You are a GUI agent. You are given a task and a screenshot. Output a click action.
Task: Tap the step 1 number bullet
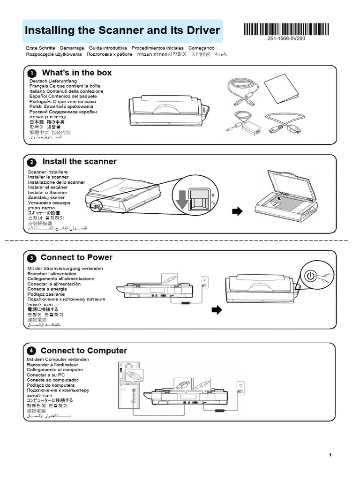(x=31, y=74)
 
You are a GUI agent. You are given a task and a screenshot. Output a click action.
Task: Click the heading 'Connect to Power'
(x=76, y=257)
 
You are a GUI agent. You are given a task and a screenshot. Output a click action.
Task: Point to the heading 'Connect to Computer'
(x=83, y=351)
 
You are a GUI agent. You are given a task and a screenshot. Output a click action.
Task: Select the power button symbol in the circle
(x=310, y=276)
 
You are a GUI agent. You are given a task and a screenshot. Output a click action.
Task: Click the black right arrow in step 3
(x=217, y=310)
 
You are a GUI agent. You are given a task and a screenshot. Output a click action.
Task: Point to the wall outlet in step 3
(x=204, y=281)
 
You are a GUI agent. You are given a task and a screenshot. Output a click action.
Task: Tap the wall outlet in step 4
(x=241, y=386)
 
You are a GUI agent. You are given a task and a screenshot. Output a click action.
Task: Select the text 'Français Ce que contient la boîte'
(x=65, y=86)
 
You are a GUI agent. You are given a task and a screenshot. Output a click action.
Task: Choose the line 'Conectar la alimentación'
(x=54, y=284)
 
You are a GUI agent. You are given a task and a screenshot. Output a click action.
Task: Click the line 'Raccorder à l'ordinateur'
(x=52, y=365)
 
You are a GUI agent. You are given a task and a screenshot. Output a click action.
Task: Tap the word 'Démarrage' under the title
(x=72, y=48)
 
